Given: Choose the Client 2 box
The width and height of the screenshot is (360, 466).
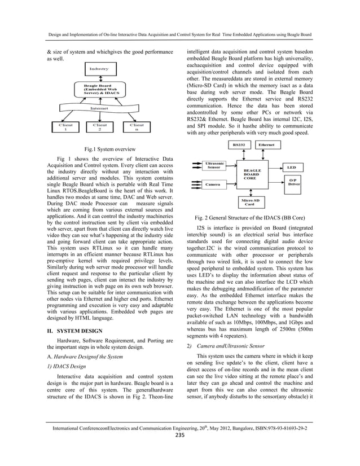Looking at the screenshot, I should click(x=99, y=127).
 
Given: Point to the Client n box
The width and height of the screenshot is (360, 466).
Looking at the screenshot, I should click(x=137, y=127).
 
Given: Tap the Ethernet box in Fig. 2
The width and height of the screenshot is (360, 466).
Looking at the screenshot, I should click(x=267, y=145).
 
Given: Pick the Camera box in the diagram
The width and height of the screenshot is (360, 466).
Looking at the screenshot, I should click(x=213, y=184).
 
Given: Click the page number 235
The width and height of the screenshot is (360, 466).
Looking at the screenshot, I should click(x=180, y=451).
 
